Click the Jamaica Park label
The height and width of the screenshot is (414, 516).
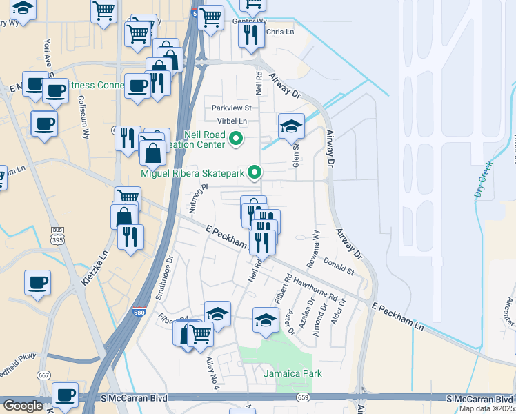[x=292, y=373]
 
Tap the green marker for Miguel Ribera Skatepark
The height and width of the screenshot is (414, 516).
[x=255, y=173]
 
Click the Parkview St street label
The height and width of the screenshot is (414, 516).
[x=232, y=108]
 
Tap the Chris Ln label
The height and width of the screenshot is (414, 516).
[x=279, y=32]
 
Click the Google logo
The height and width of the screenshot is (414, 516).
[x=22, y=405]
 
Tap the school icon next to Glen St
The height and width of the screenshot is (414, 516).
[x=292, y=126]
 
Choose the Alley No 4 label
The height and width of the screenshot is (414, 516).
[x=212, y=373]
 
